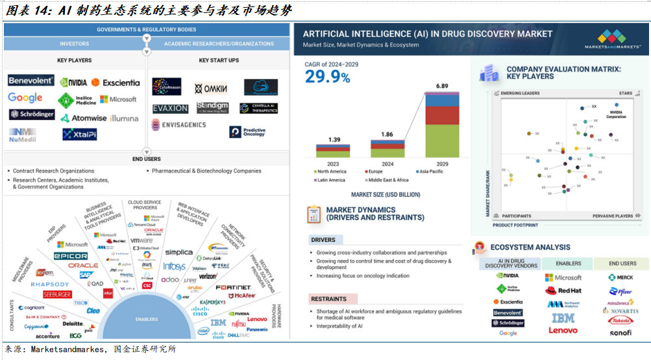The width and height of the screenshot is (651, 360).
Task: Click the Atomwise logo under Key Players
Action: click(x=84, y=118)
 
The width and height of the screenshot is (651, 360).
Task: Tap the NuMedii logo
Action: click(x=22, y=134)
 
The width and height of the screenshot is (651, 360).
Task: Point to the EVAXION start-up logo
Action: click(x=170, y=108)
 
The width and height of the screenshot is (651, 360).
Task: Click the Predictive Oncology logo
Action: click(x=247, y=132)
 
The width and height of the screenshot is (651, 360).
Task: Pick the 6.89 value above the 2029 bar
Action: click(x=442, y=86)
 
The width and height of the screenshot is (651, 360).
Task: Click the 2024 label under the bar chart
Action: click(x=387, y=164)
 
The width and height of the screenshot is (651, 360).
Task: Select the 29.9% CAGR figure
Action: click(x=328, y=77)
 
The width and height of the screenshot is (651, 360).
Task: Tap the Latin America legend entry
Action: click(x=331, y=180)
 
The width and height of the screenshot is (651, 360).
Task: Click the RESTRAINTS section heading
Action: click(x=328, y=298)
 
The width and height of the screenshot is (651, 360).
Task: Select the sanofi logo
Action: click(x=620, y=333)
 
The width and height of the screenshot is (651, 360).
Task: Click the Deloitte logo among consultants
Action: click(x=73, y=323)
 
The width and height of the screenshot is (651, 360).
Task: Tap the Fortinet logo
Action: click(x=233, y=287)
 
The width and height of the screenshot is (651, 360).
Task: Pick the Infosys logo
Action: click(x=174, y=267)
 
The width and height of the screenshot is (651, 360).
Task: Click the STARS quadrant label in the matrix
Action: click(x=625, y=93)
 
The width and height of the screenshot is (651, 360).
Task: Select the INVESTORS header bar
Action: click(x=75, y=43)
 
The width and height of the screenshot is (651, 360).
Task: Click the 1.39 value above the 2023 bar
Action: click(x=334, y=139)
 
